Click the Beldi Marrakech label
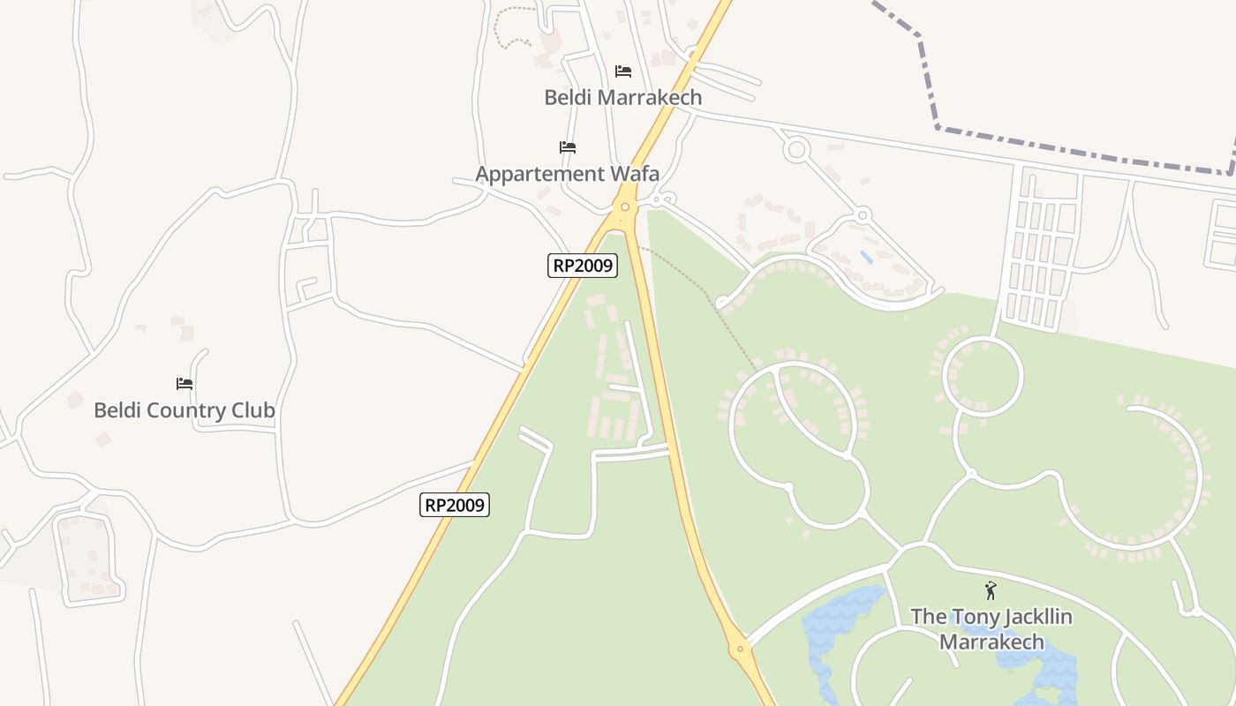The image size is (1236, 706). tap(622, 97)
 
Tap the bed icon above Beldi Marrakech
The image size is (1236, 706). tap(623, 71)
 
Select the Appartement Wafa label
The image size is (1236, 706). tap(567, 174)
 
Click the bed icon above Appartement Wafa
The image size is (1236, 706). tap(568, 147)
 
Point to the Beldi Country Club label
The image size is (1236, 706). tap(184, 410)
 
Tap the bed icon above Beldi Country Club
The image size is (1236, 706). tap(185, 384)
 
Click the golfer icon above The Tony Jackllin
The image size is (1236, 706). tap(991, 590)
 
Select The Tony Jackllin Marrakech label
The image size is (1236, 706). tap(991, 629)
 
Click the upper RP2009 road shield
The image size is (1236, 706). tap(582, 266)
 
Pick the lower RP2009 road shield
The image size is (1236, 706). tap(454, 505)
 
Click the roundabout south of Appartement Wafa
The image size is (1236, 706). tap(625, 207)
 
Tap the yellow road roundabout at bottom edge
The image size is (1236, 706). tap(740, 650)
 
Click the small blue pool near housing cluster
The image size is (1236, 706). tap(866, 258)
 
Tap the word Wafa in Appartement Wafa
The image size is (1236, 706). tap(635, 174)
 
